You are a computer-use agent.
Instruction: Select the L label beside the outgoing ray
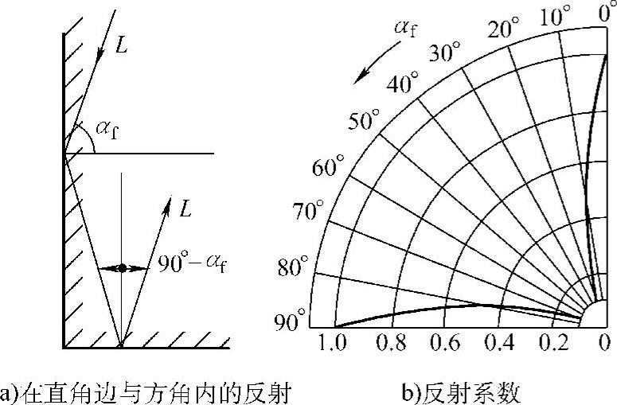click(185, 209)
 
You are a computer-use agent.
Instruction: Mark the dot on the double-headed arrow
click(121, 269)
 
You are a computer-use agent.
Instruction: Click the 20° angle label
click(503, 30)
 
